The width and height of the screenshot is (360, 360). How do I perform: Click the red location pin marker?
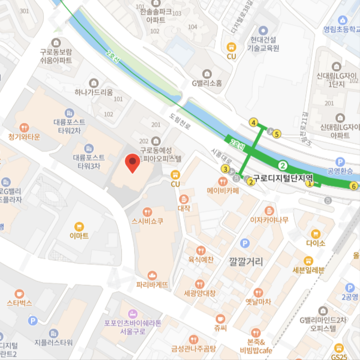(132, 163)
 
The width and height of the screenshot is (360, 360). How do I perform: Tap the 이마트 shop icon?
(79, 226)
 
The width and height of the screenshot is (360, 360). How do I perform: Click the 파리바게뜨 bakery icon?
(152, 275)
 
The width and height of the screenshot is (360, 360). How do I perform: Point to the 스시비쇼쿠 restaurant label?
(147, 221)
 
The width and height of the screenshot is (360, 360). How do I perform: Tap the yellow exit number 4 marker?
(253, 123)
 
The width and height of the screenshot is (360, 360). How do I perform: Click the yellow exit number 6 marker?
(353, 186)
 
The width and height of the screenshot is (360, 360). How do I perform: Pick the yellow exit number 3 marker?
(225, 169)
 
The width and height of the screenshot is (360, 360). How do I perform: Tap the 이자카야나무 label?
(270, 220)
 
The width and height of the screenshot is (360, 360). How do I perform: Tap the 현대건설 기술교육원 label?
(264, 44)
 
